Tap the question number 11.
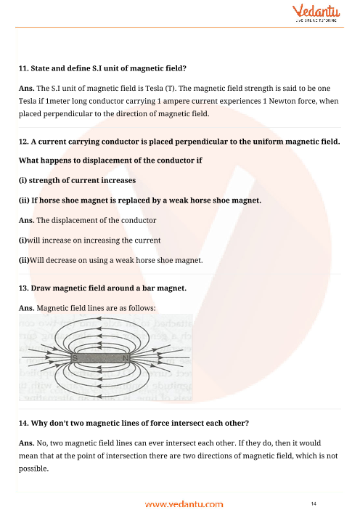click(x=23, y=69)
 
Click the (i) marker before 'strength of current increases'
click(x=22, y=179)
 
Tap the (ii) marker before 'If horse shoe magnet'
click(x=24, y=200)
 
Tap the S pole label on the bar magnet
click(x=75, y=358)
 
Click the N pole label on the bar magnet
click(x=125, y=358)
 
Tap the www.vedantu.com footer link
click(x=181, y=503)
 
